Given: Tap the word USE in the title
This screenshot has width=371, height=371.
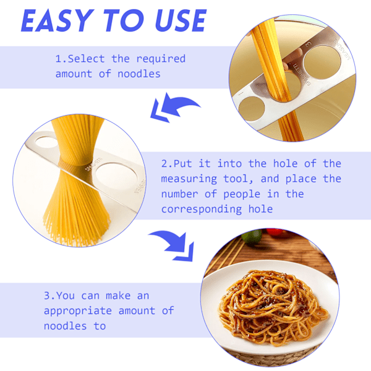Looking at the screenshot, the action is [181, 20].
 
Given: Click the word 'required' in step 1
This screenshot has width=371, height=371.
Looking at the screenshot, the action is [161, 59].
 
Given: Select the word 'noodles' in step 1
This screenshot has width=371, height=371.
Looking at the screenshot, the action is [139, 74].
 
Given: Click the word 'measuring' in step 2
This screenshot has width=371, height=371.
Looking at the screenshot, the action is [189, 179].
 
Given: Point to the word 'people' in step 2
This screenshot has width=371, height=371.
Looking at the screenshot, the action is [242, 195].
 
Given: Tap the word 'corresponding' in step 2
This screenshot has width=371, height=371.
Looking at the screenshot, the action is [202, 210].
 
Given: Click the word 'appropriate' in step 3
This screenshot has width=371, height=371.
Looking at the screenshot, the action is [78, 311].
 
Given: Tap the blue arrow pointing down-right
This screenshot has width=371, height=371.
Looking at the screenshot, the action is [174, 245].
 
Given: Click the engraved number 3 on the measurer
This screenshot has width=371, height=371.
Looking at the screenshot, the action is [309, 44].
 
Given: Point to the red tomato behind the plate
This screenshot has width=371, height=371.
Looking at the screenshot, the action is [275, 232].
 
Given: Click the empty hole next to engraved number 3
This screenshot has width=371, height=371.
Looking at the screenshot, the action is [322, 62].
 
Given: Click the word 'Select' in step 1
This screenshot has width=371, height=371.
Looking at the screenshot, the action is [87, 59].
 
